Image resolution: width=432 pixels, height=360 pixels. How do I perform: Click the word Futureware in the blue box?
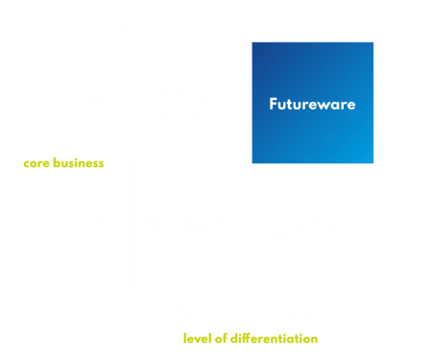pos(313,104)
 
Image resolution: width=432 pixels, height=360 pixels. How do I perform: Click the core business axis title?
pos(62,163)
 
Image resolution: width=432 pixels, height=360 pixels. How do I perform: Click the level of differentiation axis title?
pos(250,338)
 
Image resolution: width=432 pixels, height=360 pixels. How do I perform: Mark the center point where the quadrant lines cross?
pos(251,164)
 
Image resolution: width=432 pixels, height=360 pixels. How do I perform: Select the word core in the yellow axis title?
pos(35,163)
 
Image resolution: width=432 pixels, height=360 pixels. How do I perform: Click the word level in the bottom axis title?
pos(196,338)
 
